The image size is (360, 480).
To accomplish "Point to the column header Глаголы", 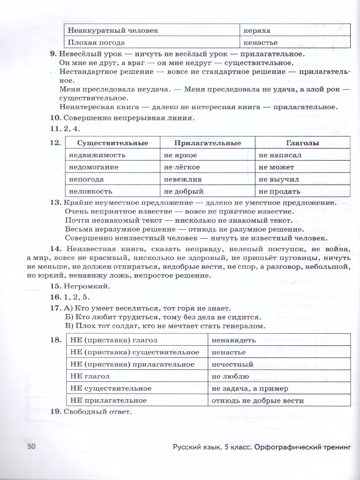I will pyautogui.click(x=302, y=143).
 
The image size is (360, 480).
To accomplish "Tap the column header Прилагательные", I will pyautogui.click(x=207, y=143).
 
